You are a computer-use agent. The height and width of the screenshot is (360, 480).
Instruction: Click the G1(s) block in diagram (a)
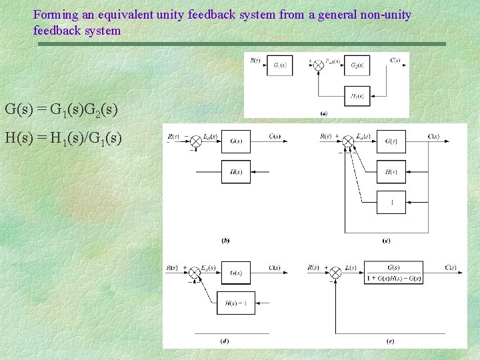tap(279, 65)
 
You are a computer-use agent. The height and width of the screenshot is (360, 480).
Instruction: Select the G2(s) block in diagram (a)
tap(357, 65)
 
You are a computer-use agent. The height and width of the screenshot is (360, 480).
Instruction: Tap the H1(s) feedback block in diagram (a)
tap(357, 96)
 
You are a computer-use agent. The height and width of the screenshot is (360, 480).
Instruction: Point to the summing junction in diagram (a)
tap(318, 65)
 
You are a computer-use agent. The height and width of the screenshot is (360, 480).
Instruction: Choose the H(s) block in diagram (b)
tap(236, 172)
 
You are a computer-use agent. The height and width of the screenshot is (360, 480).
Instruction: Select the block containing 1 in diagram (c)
tap(391, 202)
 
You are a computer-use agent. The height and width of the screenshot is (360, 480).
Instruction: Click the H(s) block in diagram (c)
tap(391, 172)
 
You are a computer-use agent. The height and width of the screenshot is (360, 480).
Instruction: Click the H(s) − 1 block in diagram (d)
tap(235, 303)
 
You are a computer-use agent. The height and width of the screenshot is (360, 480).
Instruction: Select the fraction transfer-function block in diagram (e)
tap(393, 273)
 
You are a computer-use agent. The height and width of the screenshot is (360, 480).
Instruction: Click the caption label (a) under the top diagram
tap(324, 113)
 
